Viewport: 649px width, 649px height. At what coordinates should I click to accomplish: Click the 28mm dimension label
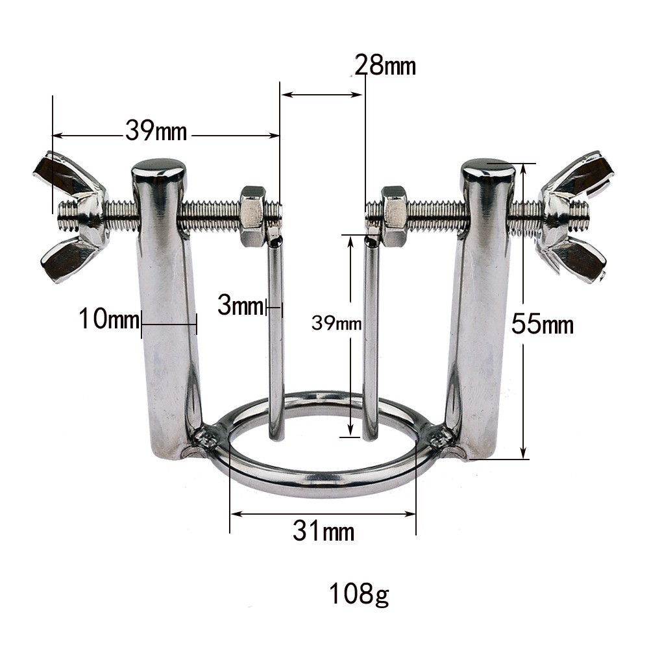point(385,66)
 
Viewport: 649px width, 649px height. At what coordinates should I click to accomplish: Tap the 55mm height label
point(542,323)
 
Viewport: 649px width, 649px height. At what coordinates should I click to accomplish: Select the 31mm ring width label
point(323,532)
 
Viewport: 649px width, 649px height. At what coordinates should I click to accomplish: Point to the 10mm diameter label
point(109,319)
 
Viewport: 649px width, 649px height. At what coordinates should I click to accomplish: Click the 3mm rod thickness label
point(240,306)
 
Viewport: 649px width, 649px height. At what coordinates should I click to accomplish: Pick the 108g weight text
point(359,594)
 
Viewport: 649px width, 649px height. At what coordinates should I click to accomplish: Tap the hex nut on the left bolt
point(252,215)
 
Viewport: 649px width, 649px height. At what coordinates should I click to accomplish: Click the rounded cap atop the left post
point(158,170)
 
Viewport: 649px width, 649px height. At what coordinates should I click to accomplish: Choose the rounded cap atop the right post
point(488,169)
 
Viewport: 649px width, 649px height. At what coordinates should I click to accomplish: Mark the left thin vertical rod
point(276,337)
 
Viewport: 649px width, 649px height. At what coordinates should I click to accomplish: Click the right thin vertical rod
point(371,337)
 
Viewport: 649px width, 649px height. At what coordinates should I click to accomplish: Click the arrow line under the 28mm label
point(322,95)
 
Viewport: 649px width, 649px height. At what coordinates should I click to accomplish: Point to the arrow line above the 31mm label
point(323,514)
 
